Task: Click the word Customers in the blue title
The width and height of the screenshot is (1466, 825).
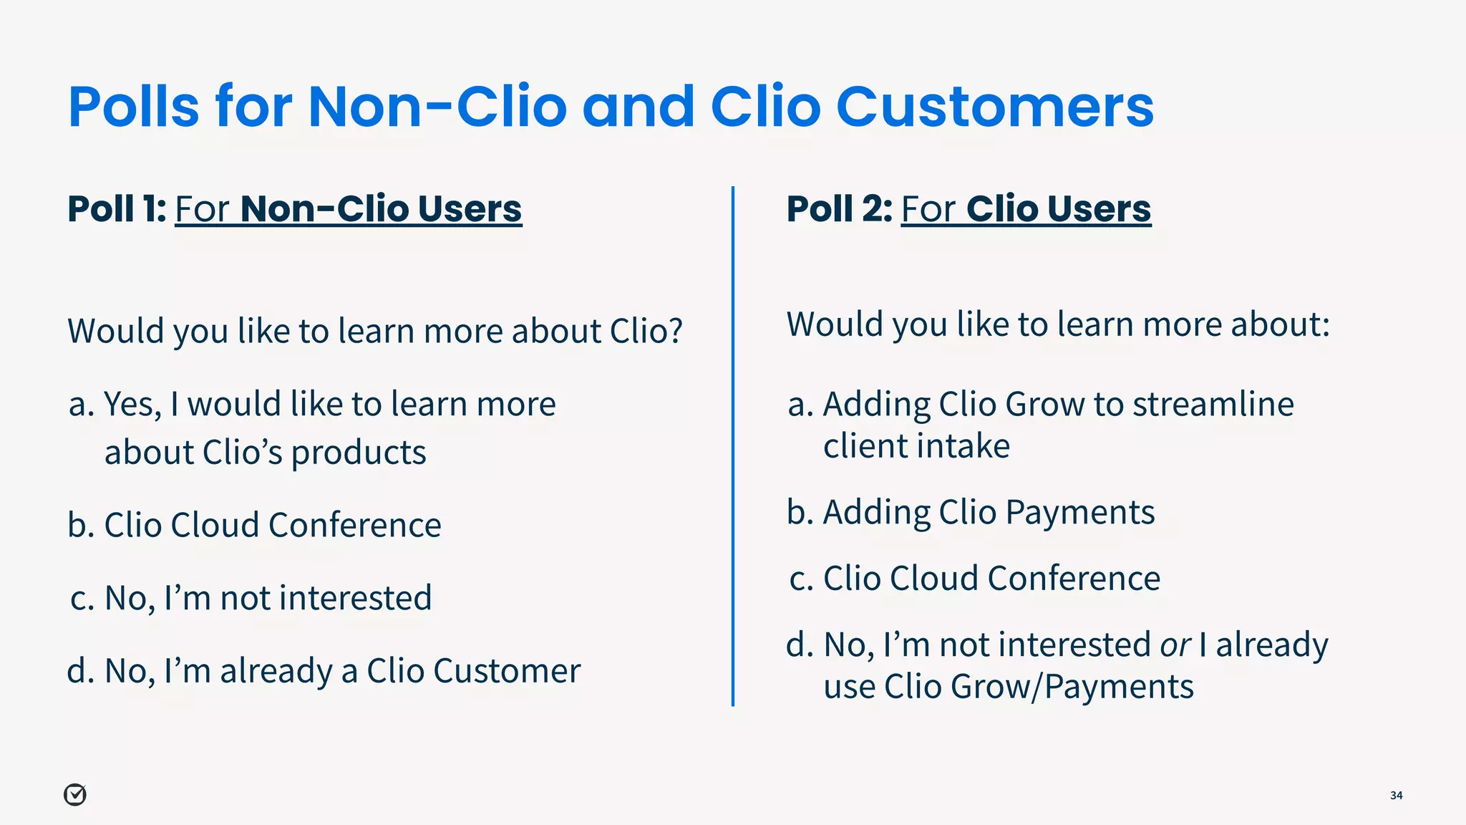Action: click(x=994, y=107)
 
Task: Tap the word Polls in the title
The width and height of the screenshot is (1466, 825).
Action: click(x=134, y=107)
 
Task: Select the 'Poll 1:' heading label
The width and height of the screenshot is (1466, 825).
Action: click(x=117, y=209)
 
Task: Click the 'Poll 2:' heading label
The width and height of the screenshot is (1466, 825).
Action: click(x=839, y=209)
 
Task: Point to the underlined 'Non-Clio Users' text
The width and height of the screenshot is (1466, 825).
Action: click(x=381, y=209)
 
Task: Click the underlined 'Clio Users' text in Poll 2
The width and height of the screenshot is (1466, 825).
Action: click(x=1058, y=209)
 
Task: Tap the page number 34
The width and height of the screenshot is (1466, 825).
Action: click(x=1396, y=795)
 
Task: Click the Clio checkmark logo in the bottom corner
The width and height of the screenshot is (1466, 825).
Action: click(x=75, y=794)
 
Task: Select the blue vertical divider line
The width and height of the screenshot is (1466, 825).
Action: click(x=733, y=444)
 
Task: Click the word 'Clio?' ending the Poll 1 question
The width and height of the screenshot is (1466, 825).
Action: click(x=646, y=332)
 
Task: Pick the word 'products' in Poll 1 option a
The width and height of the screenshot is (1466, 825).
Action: click(x=358, y=453)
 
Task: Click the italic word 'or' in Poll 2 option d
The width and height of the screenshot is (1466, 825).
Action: click(x=1175, y=645)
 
